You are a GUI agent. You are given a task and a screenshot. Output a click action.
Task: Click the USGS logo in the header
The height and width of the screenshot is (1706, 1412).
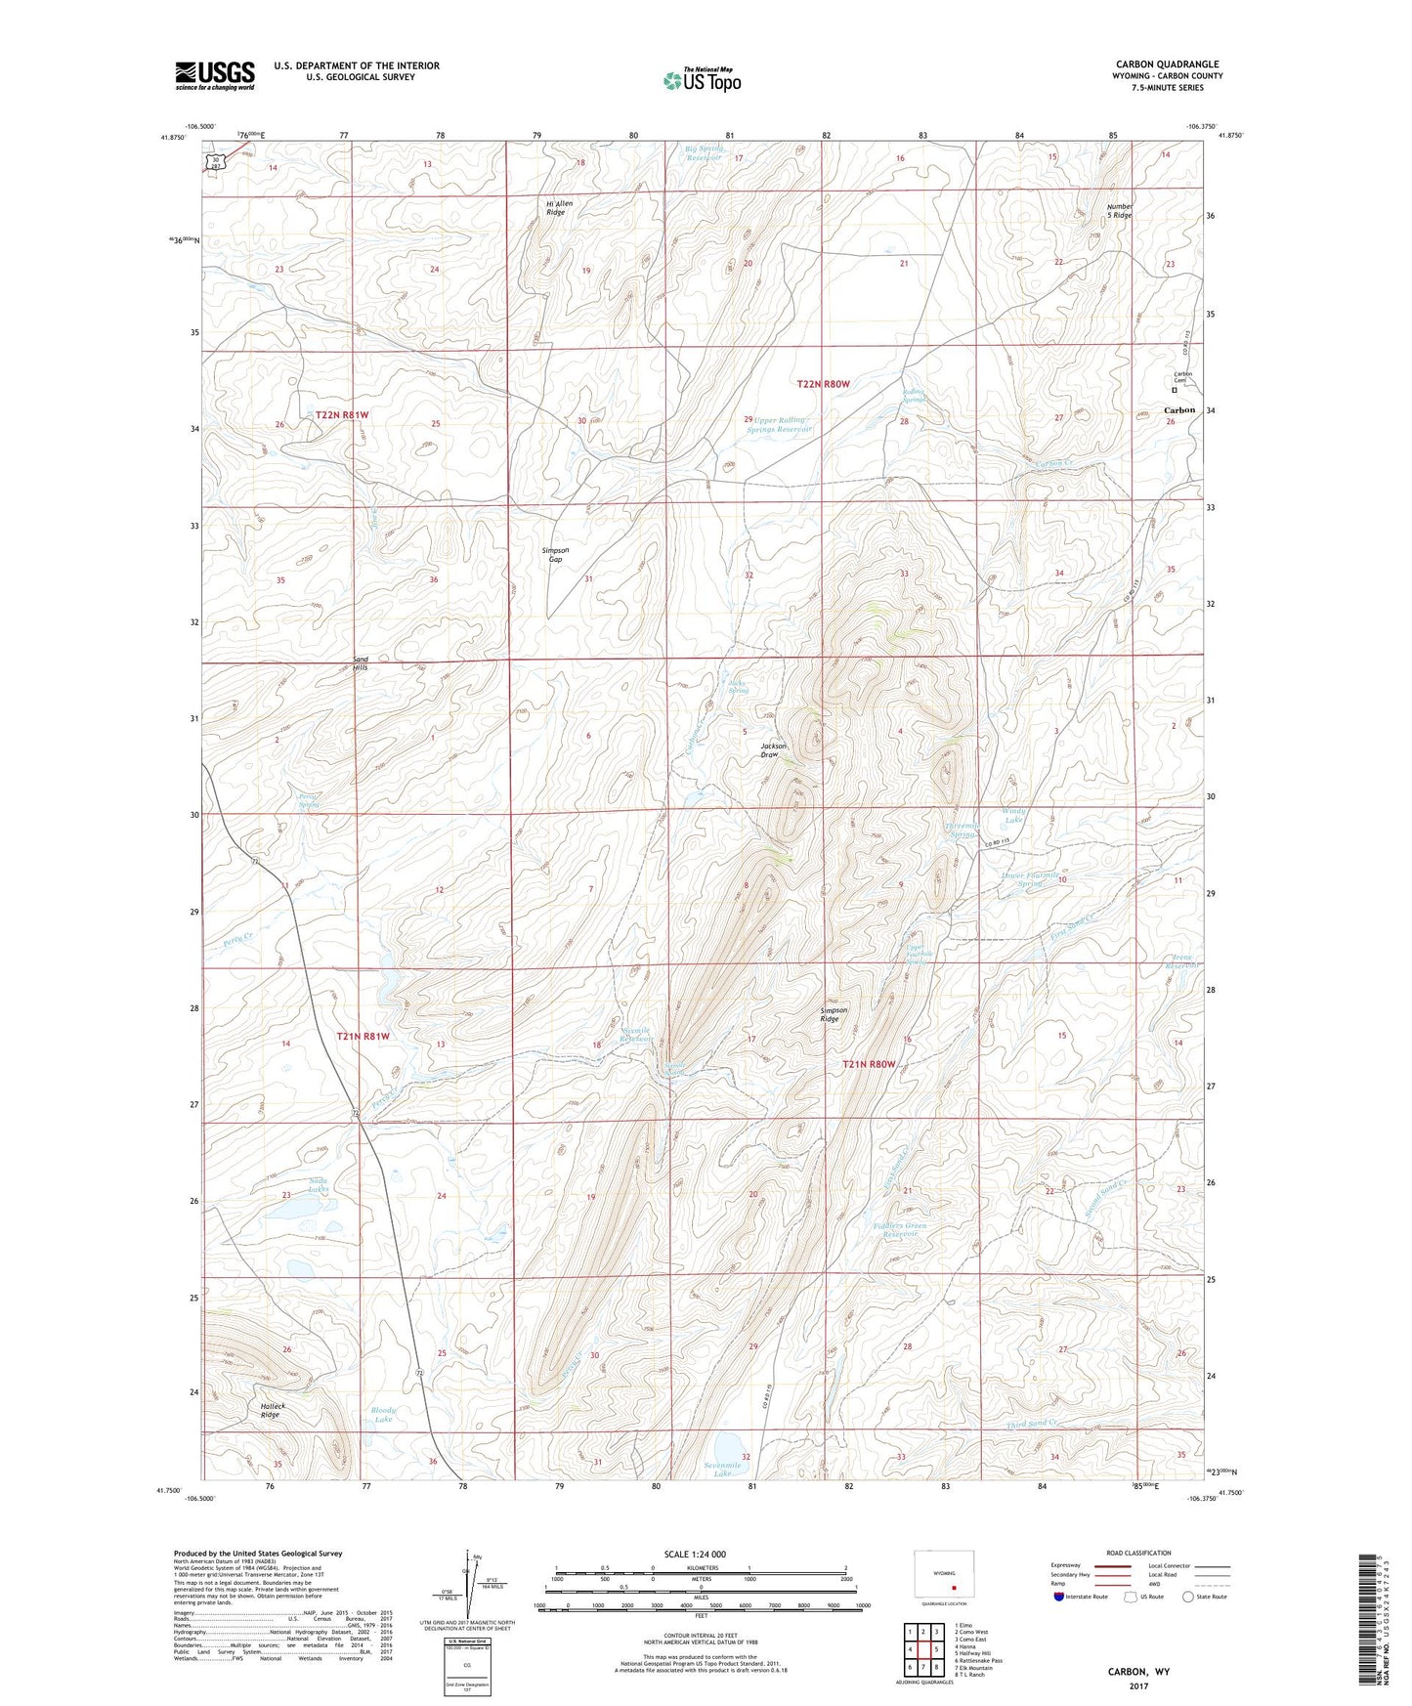[215, 75]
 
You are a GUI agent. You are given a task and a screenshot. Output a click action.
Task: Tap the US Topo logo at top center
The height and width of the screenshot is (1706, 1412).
[702, 80]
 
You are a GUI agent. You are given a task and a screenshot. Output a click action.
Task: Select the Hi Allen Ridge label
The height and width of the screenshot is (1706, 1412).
[558, 207]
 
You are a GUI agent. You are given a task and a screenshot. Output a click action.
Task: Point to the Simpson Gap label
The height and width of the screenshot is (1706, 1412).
[554, 554]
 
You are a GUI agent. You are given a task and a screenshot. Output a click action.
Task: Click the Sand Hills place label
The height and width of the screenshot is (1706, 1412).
[360, 663]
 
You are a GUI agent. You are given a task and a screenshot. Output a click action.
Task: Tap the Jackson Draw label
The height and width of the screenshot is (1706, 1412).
[774, 749]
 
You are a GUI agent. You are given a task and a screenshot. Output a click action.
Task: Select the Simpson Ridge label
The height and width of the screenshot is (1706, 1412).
[829, 1014]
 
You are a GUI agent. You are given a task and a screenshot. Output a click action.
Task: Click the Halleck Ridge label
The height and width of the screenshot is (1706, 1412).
[270, 1410]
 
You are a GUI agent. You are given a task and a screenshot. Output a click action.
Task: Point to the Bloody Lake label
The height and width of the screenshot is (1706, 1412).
[384, 1415]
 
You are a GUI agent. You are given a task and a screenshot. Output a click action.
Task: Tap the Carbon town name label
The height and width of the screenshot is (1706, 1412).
[1178, 410]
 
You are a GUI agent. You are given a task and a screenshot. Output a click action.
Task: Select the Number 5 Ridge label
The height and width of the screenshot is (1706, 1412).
[1119, 210]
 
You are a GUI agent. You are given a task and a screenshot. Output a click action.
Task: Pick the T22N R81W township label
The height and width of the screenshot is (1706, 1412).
[342, 415]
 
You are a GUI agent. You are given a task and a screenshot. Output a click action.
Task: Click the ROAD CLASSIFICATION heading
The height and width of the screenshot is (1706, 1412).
[1139, 1553]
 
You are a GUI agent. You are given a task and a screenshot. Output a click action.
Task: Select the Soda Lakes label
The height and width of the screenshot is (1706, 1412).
[319, 1184]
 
